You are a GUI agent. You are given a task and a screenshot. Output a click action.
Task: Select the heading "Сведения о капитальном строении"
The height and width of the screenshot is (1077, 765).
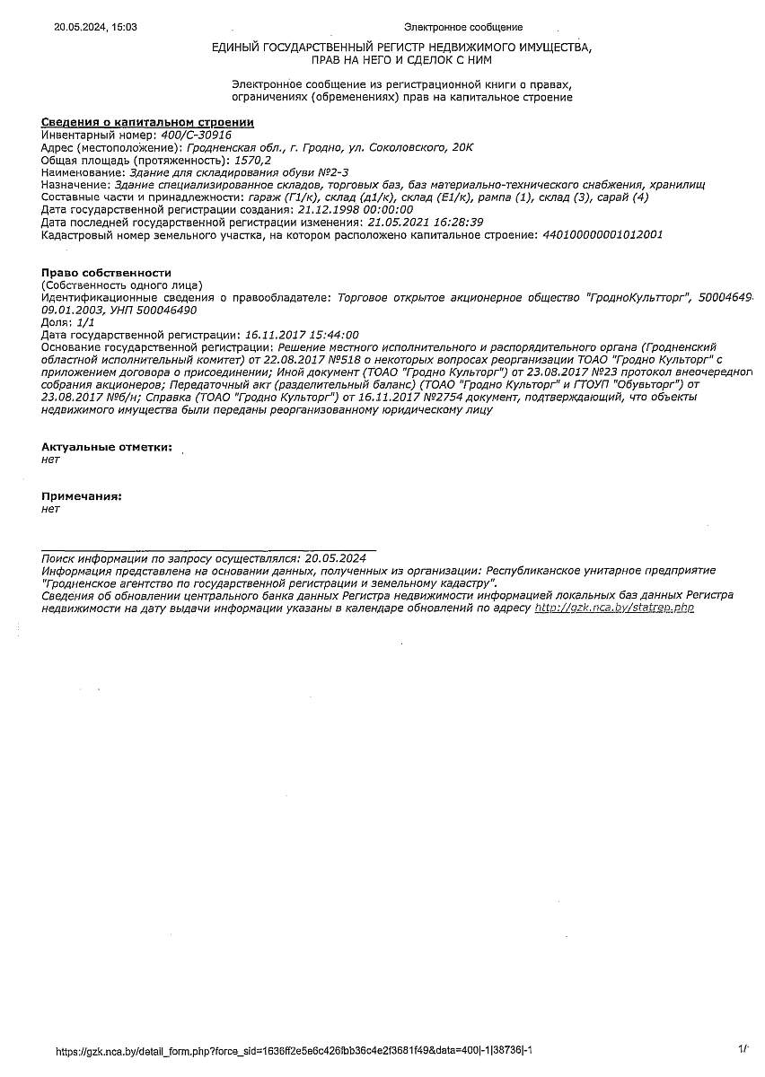pos(148,122)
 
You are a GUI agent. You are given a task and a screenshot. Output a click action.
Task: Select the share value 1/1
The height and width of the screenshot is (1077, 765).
pos(85,321)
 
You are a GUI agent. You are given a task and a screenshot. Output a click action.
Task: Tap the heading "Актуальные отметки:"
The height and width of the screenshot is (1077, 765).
pos(107,446)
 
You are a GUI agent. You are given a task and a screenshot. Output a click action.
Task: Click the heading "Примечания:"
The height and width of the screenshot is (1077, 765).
pos(82,495)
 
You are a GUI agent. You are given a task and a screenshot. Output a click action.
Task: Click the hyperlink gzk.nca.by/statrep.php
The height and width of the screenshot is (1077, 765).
pos(614,608)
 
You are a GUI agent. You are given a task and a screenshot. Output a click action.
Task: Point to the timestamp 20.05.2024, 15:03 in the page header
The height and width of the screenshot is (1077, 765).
pos(96,28)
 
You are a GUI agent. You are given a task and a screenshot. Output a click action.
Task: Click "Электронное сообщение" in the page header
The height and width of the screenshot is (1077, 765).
pos(462,28)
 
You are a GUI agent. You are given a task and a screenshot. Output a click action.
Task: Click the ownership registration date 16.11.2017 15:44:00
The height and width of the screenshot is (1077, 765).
pos(301,334)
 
